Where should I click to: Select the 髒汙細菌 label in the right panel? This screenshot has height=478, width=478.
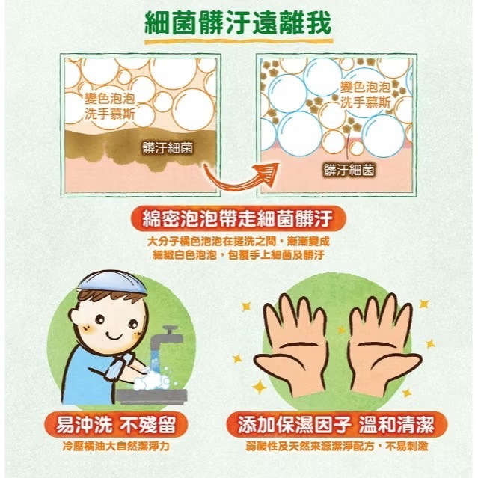point(349,169)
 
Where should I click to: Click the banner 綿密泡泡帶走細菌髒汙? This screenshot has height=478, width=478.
point(238,218)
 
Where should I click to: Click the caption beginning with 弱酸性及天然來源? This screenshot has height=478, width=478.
point(342,448)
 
